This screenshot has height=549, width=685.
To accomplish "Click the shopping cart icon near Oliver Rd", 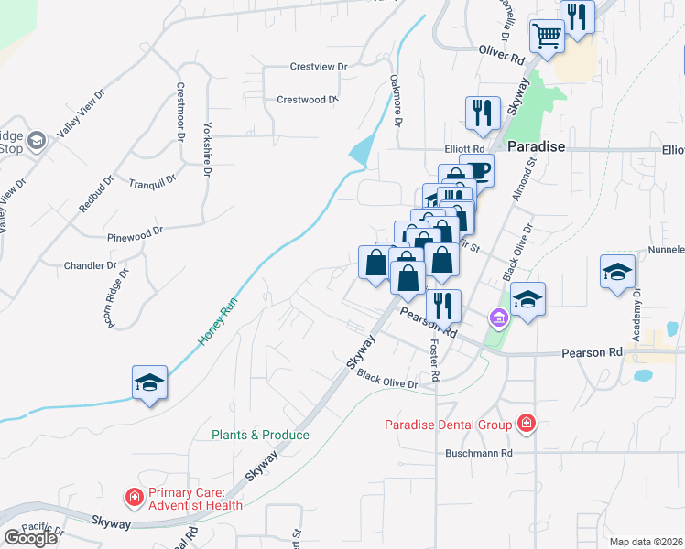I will [547, 38].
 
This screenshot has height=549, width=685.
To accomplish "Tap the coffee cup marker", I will [477, 169].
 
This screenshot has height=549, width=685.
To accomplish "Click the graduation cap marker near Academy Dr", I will [618, 272].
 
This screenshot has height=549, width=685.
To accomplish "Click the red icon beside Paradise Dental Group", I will [527, 423].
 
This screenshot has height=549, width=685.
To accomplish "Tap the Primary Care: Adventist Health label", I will [191, 498].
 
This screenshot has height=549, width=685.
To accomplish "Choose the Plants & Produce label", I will [261, 435].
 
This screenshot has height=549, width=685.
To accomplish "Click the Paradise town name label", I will [536, 146].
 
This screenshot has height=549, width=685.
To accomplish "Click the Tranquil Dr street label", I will [152, 183].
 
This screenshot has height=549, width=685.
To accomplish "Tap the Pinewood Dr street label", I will [134, 234].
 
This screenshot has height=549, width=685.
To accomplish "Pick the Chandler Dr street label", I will [90, 266].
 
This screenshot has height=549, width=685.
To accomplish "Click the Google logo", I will [31, 538].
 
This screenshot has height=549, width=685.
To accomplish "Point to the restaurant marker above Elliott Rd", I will [483, 113].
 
